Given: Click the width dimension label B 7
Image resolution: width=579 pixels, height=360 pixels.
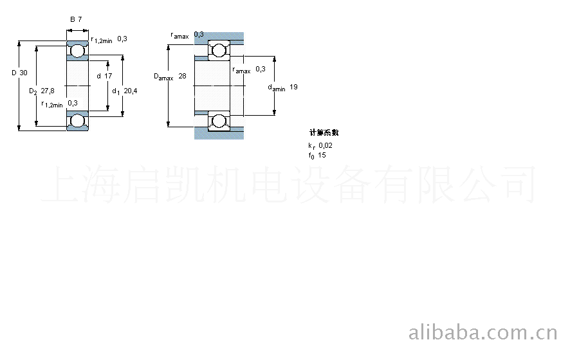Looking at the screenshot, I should pos(76,19).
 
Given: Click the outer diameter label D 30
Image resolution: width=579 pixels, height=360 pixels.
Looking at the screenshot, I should pos(19,73).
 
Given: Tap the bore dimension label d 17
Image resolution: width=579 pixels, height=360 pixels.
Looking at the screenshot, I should pos(104,76).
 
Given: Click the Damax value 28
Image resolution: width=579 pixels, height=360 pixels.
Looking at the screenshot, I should pos(182,76).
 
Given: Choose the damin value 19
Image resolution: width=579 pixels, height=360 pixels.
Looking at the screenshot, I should pos(293,87).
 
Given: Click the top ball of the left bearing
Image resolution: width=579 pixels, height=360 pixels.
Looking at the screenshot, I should pos(78,50).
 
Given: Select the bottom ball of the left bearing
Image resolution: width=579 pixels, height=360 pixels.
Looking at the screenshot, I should pos(78,121).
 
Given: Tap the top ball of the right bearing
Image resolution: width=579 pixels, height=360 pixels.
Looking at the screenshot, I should pos(219,50).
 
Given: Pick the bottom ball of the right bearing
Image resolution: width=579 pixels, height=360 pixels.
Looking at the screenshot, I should pos(219,120).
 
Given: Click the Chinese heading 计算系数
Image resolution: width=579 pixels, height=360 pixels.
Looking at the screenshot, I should pos(324,133).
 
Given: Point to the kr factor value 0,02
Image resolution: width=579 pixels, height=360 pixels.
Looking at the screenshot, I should pos(326,146).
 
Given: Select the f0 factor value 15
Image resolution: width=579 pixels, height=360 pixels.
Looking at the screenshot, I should pos(322,155).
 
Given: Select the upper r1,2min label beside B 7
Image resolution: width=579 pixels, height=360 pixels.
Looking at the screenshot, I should pos(102,40).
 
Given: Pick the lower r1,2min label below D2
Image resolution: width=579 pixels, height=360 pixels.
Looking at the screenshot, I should pos(52,104).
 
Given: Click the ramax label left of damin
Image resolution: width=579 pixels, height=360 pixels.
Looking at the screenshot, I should pos(242,70).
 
